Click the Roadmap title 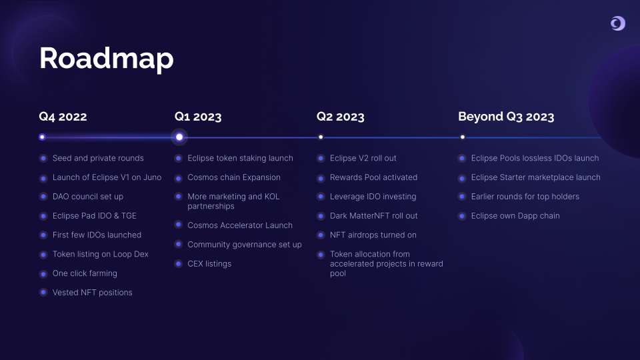[107, 59]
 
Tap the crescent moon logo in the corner [617, 23]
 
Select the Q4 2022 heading [63, 117]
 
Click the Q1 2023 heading [198, 117]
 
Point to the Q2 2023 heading [341, 117]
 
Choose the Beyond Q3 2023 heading [506, 117]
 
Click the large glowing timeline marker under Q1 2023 [179, 137]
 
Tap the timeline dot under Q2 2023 [321, 137]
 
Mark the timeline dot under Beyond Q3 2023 [463, 137]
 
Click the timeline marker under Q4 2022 [42, 137]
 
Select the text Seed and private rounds [98, 158]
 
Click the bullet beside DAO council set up [43, 197]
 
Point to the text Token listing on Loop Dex [101, 254]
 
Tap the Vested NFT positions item [92, 292]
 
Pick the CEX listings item [209, 264]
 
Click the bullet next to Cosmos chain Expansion [179, 177]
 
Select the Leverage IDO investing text [373, 197]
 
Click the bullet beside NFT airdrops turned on [321, 235]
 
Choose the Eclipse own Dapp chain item [515, 216]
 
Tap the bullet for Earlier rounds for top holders [462, 197]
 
